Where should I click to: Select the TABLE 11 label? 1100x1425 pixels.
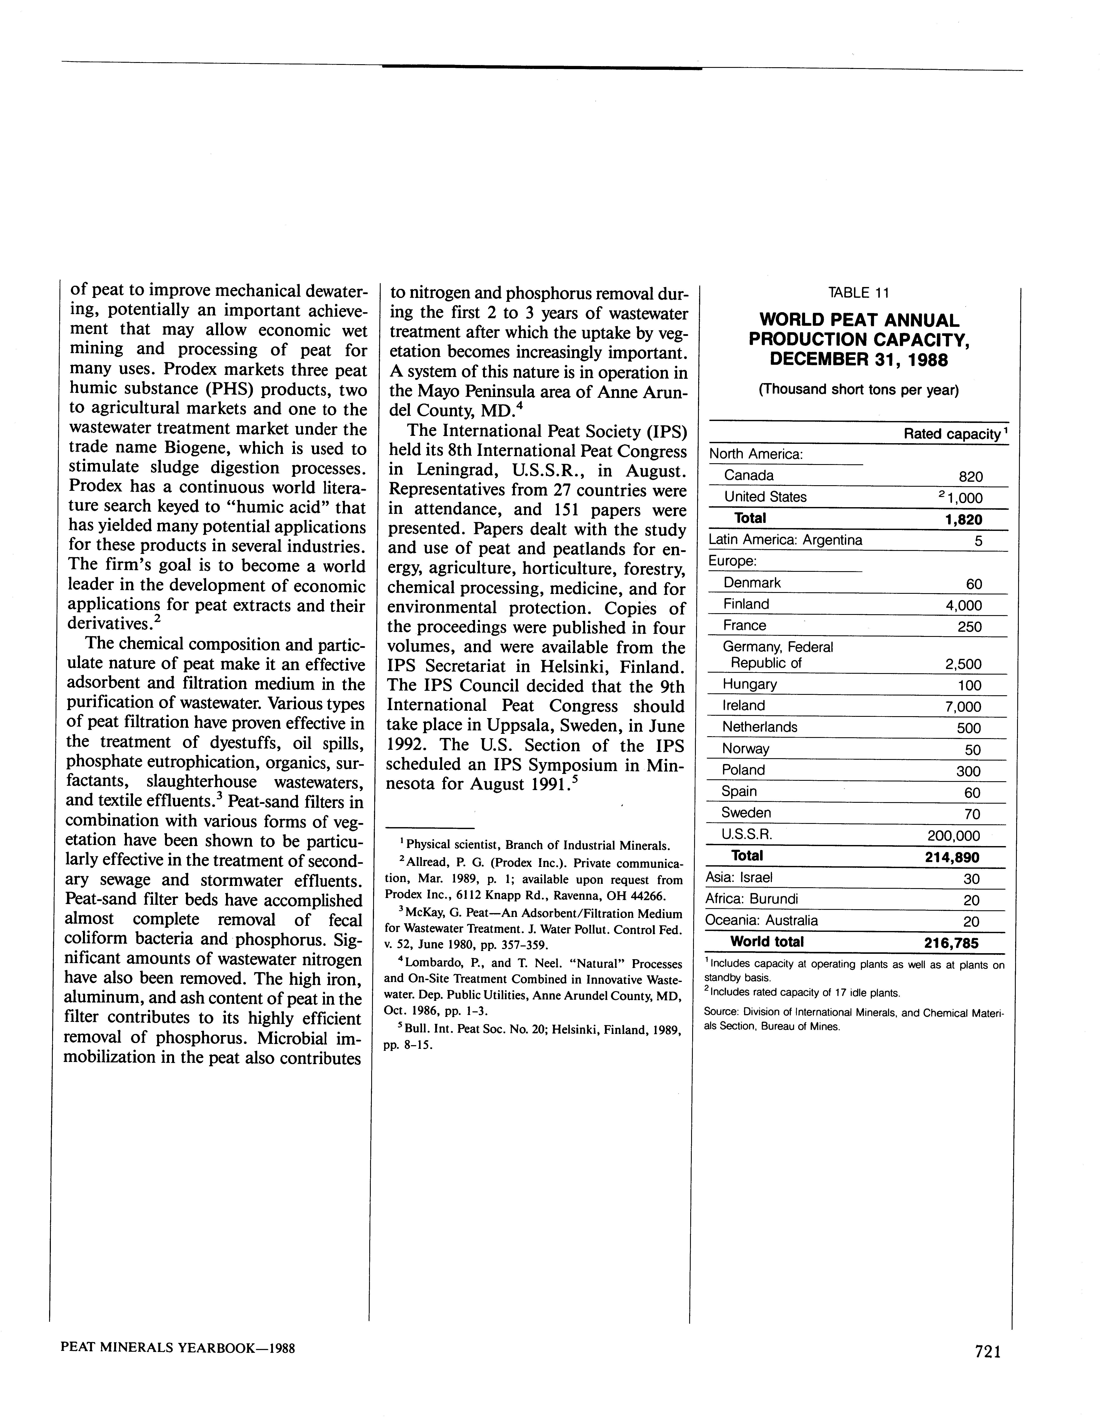(858, 293)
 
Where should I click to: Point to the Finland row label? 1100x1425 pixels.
(746, 604)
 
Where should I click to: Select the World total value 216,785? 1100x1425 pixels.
(951, 943)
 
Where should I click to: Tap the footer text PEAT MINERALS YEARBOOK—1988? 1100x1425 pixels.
(178, 1347)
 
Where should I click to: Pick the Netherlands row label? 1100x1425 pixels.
(759, 727)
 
